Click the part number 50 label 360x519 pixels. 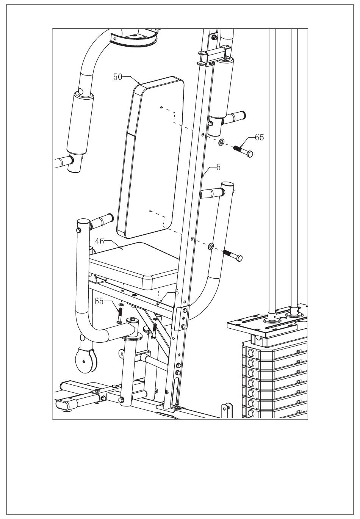point(118,77)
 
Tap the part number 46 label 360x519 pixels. point(99,241)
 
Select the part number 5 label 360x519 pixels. point(218,167)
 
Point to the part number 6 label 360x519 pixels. point(176,292)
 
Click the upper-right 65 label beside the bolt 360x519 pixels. point(259,138)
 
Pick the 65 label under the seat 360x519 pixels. point(99,301)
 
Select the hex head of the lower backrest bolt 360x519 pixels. point(239,259)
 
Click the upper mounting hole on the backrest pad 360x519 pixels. point(161,108)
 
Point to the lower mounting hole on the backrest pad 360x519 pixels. point(150,211)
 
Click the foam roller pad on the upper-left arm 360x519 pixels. point(80,123)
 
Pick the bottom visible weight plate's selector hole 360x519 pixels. point(250,412)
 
